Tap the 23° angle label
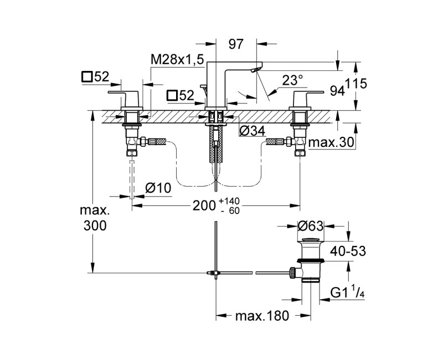[x=293, y=80]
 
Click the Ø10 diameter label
[x=158, y=188]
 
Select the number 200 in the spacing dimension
[x=204, y=205]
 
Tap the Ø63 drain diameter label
[x=310, y=226]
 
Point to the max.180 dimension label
[x=262, y=317]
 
